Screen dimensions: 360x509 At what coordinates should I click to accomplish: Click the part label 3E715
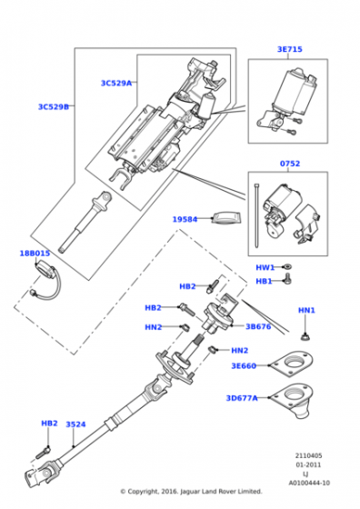pos(290,49)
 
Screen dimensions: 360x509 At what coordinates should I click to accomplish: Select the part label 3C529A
pos(116,84)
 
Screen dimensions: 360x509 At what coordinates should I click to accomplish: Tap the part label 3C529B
pos(54,107)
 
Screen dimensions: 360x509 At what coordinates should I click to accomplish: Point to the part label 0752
pos(290,164)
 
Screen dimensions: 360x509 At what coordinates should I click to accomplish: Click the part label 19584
pos(185,219)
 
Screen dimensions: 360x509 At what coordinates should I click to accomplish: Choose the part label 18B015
pos(35,254)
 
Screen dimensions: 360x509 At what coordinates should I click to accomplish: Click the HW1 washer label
pos(265,267)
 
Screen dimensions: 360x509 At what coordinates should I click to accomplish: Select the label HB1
pos(264,281)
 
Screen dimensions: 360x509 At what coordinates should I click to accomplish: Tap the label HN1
pos(306,310)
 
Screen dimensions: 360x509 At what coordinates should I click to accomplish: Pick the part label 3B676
pos(258,326)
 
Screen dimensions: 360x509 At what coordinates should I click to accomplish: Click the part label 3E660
pos(244,365)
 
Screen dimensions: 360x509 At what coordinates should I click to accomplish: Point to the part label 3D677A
pos(242,398)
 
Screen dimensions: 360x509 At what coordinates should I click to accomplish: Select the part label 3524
pos(75,424)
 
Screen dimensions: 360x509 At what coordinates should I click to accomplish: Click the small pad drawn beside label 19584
pos(226,218)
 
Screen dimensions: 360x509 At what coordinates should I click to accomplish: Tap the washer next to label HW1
pos(287,267)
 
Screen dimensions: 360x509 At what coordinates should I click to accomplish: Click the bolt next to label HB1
pos(288,279)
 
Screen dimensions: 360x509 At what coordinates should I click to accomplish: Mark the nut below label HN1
pos(305,337)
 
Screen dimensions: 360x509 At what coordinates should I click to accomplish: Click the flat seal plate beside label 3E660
pos(292,364)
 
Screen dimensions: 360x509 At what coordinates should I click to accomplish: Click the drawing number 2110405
pos(308,455)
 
